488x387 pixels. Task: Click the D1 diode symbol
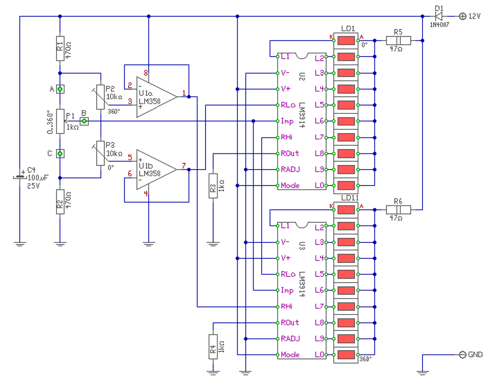[438, 16]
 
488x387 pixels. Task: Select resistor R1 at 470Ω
[60, 48]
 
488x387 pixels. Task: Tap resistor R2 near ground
[60, 202]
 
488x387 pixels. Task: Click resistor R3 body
[213, 186]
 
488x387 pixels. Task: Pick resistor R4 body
[213, 347]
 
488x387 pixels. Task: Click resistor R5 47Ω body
[398, 40]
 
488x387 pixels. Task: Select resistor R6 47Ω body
[398, 210]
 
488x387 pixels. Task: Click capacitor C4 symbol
[20, 177]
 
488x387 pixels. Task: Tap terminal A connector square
[60, 89]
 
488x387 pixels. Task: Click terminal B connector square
[84, 121]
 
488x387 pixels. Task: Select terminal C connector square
[60, 154]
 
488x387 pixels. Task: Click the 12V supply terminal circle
[462, 16]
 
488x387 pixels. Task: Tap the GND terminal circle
[462, 355]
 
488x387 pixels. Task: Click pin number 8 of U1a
[146, 73]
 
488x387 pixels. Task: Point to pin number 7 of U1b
[184, 166]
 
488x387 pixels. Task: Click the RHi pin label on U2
[286, 137]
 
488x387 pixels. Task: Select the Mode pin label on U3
[290, 355]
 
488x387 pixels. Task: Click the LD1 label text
[348, 29]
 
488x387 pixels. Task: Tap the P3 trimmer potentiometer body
[100, 153]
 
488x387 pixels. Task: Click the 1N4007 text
[440, 25]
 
